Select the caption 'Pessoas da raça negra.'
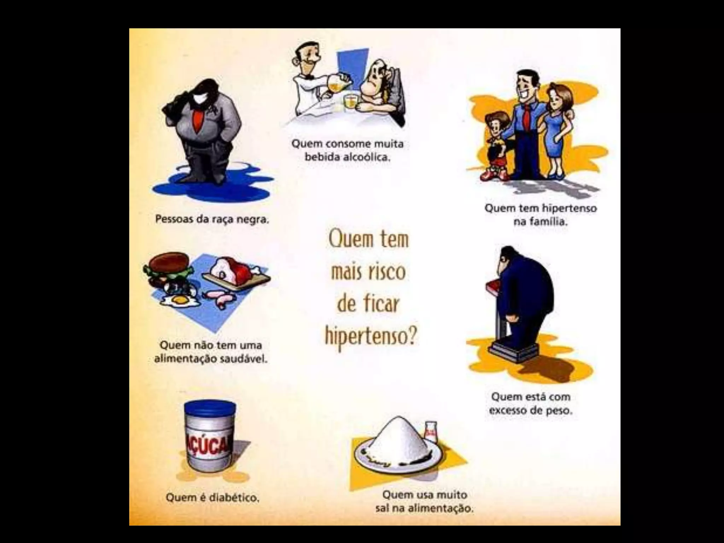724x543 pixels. pyautogui.click(x=212, y=220)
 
